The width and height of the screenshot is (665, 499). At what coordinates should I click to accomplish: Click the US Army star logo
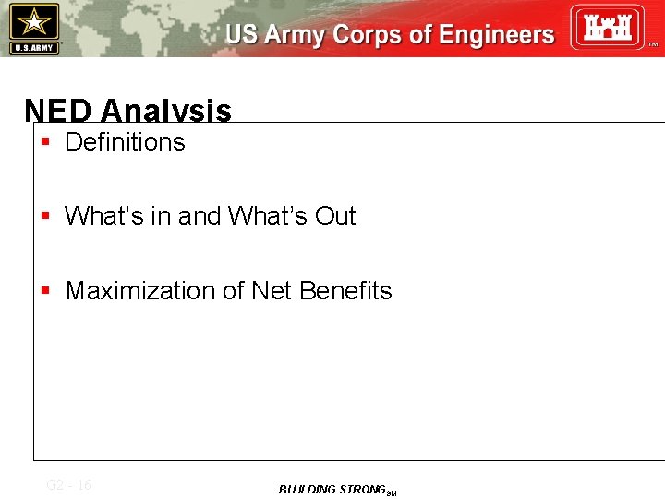click(x=34, y=21)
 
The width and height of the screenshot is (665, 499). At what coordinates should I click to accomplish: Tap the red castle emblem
click(x=606, y=27)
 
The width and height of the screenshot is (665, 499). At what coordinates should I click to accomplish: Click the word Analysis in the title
click(x=166, y=112)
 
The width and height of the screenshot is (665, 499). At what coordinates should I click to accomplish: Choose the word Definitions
click(x=125, y=142)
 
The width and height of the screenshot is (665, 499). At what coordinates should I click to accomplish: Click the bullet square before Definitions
click(x=45, y=142)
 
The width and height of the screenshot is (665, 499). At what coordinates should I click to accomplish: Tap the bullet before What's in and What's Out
click(x=45, y=216)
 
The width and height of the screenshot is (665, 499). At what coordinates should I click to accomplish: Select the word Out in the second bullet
click(x=335, y=216)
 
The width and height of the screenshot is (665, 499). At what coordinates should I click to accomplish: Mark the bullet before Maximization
click(x=45, y=291)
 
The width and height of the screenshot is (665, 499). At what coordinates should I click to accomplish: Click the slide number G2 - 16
click(x=68, y=485)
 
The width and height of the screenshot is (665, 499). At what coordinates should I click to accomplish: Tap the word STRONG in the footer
click(x=361, y=490)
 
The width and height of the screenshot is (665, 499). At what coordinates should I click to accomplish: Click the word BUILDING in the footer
click(x=307, y=490)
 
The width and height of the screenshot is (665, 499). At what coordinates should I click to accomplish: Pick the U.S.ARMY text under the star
click(x=34, y=47)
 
